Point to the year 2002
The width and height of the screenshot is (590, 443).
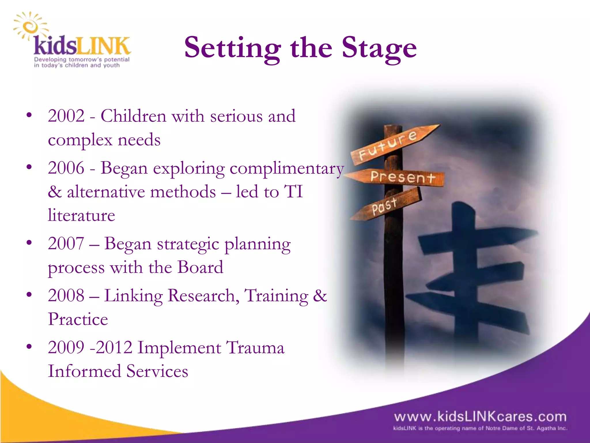[66, 116]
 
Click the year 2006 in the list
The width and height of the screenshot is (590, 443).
[66, 168]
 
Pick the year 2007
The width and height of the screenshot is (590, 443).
[66, 243]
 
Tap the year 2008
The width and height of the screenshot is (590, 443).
[66, 295]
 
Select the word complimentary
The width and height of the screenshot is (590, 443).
[287, 168]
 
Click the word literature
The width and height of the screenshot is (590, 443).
[82, 215]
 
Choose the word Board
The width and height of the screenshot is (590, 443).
[200, 267]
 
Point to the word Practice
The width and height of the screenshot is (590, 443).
[78, 319]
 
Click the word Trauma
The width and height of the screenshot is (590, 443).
[255, 347]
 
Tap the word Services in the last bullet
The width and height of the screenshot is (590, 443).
[157, 371]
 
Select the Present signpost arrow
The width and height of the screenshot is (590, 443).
[398, 177]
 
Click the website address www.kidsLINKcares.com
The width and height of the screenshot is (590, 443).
[480, 417]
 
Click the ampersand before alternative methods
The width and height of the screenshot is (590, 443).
[55, 192]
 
